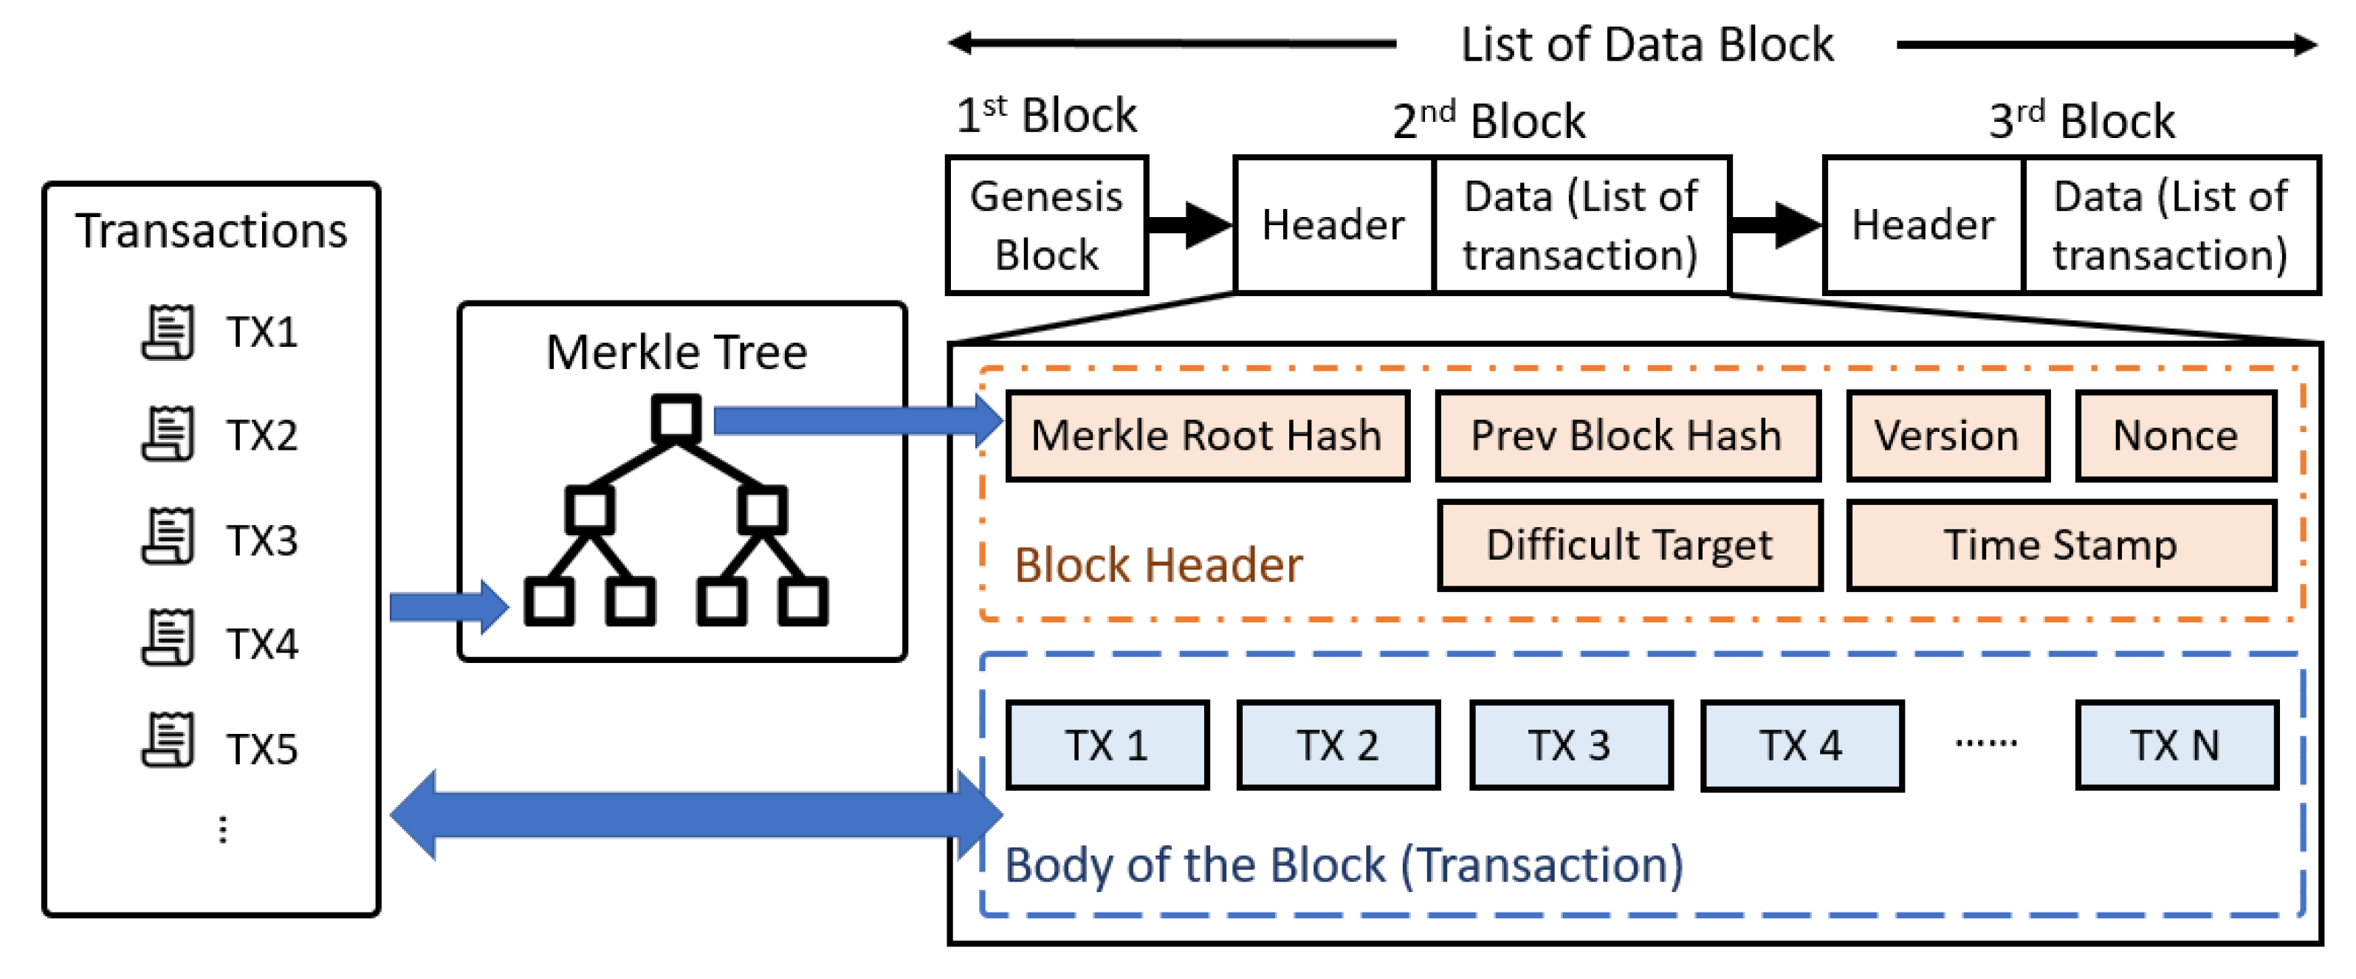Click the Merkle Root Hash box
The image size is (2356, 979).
[1206, 436]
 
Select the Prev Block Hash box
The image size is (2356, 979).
[1627, 436]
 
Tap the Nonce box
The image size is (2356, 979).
[2175, 436]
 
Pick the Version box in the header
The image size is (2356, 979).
[1946, 436]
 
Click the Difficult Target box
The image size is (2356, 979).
[1629, 546]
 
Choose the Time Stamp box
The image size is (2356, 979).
[2060, 546]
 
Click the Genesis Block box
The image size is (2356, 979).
[1046, 225]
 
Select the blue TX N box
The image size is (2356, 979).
[2175, 745]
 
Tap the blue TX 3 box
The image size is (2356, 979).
[1570, 745]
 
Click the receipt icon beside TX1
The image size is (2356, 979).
[168, 332]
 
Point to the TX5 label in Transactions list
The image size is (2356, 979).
[261, 749]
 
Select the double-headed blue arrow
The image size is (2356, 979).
[695, 814]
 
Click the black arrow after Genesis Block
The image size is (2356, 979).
[1189, 225]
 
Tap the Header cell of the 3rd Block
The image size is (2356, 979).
[1923, 225]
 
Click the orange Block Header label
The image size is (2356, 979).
[1158, 565]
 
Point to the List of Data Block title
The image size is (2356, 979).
[1646, 44]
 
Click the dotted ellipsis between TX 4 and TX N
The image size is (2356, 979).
[1985, 743]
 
